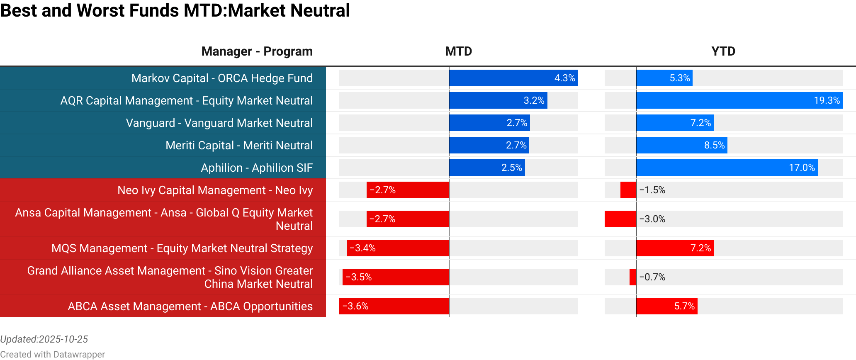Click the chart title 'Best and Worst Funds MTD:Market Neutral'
click(175, 11)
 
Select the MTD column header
click(458, 51)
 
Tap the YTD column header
click(723, 51)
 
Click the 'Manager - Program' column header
click(257, 51)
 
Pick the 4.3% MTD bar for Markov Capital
click(513, 78)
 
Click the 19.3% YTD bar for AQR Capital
click(739, 100)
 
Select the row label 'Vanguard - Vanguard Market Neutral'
click(219, 123)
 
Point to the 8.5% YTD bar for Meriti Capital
click(682, 146)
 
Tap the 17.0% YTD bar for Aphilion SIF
click(727, 168)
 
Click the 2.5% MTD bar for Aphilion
click(487, 168)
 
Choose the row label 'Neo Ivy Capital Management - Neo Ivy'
click(215, 190)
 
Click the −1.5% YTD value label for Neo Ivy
click(652, 190)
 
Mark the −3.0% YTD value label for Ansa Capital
click(652, 219)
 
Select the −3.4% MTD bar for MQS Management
click(398, 248)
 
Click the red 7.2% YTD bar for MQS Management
click(675, 248)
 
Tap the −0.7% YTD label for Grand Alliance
click(652, 277)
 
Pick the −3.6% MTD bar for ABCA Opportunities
click(394, 306)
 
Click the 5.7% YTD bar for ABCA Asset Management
click(667, 306)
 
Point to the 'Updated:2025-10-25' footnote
click(44, 339)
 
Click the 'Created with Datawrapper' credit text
click(53, 354)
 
